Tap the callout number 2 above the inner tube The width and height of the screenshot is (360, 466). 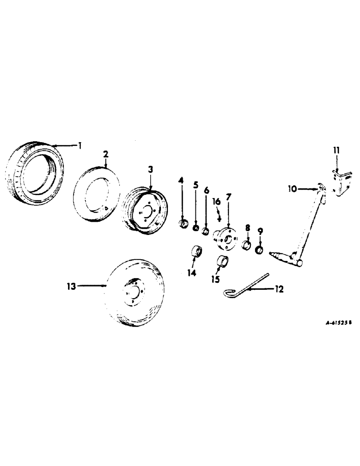[x=106, y=154]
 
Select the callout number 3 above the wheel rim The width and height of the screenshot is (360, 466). [x=151, y=170]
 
